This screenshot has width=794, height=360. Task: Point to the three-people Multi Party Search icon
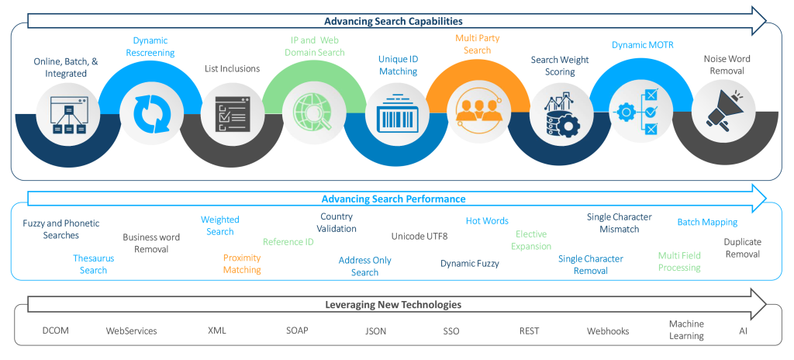tap(478, 114)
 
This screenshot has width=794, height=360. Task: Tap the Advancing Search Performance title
tap(393, 199)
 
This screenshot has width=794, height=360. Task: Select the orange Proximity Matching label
tap(242, 264)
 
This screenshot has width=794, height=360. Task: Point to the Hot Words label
tap(487, 221)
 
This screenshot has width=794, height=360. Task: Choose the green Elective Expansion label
tap(531, 240)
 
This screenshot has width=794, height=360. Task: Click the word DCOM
tap(56, 331)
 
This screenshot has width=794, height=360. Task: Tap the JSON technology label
tap(375, 331)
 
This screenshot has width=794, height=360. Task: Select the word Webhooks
tap(608, 331)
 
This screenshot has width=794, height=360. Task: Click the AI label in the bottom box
tap(744, 331)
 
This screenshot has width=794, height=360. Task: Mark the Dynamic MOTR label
tap(642, 45)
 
